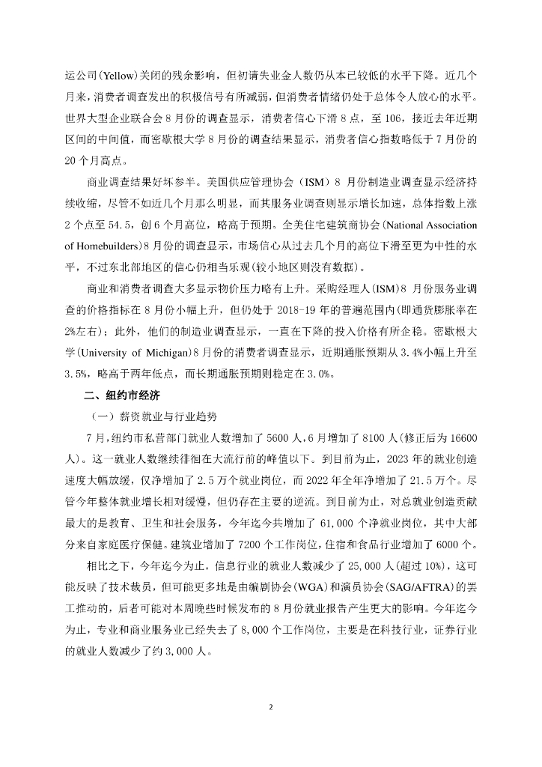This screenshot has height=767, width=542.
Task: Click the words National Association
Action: coord(426,225)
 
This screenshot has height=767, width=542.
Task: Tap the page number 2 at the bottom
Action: coord(271,706)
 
